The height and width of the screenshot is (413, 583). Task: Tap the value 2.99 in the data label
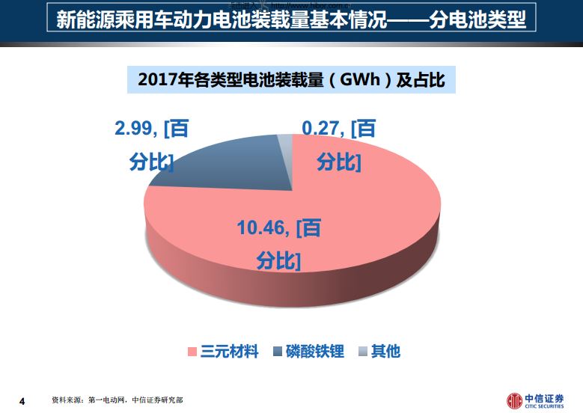[x=135, y=128]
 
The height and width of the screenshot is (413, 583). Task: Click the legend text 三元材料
[x=229, y=350]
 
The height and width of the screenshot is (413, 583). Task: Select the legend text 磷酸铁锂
[x=315, y=350]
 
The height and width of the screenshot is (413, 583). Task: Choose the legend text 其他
[x=385, y=350]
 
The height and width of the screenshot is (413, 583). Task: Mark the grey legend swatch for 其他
[x=362, y=351]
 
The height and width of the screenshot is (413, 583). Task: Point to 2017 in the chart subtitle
[x=156, y=80]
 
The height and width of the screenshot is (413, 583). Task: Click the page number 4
[x=22, y=402]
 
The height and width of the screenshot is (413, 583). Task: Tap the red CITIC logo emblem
[x=515, y=400]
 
